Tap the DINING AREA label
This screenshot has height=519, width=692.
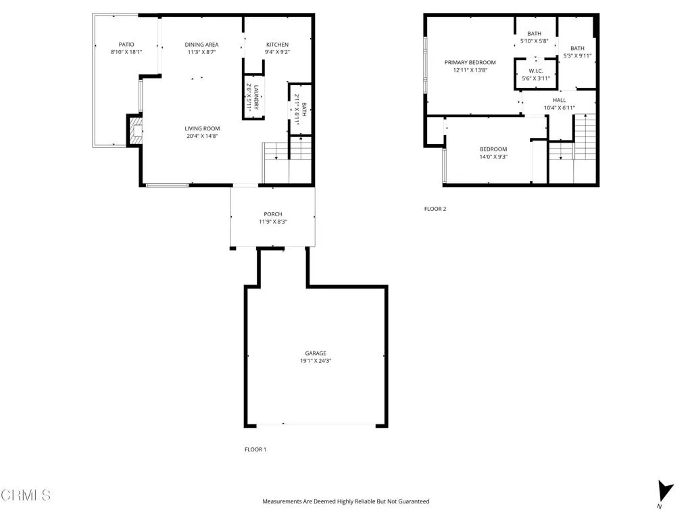[201, 45]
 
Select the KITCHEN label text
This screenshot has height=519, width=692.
[277, 45]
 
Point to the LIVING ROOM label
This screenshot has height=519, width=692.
[203, 128]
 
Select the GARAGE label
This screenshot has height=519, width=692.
[316, 353]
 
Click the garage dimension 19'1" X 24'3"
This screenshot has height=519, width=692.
[316, 361]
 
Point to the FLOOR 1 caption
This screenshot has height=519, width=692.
[255, 449]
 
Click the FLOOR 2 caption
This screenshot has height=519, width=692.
[435, 209]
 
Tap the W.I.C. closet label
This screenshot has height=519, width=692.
[535, 71]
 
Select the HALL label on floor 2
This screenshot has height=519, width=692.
[559, 100]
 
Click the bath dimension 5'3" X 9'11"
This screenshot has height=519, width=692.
[577, 56]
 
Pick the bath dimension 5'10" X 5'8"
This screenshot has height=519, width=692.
[534, 41]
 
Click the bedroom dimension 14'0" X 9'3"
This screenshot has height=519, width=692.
[493, 157]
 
